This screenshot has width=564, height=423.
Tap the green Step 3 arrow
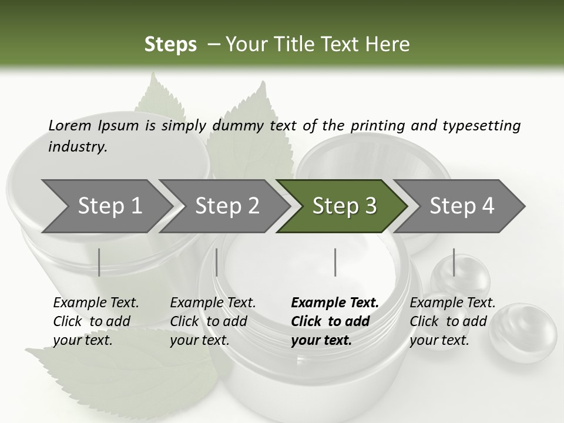tap(344, 206)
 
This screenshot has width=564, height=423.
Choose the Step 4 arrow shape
tap(461, 206)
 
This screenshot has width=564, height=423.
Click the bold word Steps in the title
tap(170, 44)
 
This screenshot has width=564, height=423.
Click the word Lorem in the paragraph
tap(69, 125)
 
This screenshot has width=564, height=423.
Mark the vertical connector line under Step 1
tap(99, 262)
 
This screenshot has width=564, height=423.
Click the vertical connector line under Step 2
tap(217, 262)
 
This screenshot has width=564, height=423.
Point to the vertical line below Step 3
tap(335, 262)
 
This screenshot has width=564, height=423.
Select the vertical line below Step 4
tap(454, 262)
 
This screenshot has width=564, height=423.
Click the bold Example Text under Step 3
tap(335, 303)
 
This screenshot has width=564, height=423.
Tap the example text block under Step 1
tap(96, 321)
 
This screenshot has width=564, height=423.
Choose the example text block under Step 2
tap(213, 321)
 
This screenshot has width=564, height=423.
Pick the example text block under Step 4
tap(452, 321)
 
